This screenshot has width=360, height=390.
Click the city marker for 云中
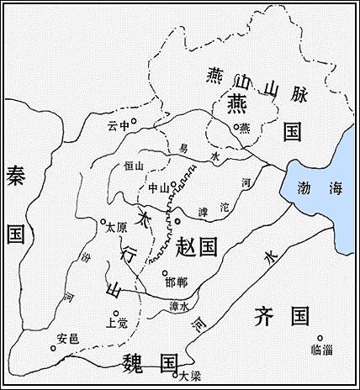click(x=132, y=121)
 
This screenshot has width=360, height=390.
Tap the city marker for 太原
click(x=103, y=221)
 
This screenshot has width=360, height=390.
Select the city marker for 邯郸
click(x=165, y=272)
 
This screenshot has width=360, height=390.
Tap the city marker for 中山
click(x=172, y=183)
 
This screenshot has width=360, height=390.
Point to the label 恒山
click(x=135, y=166)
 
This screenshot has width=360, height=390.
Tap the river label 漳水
click(x=178, y=306)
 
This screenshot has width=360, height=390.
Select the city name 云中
click(x=116, y=126)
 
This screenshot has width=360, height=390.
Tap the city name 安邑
click(x=67, y=339)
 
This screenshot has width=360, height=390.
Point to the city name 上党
click(x=117, y=323)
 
